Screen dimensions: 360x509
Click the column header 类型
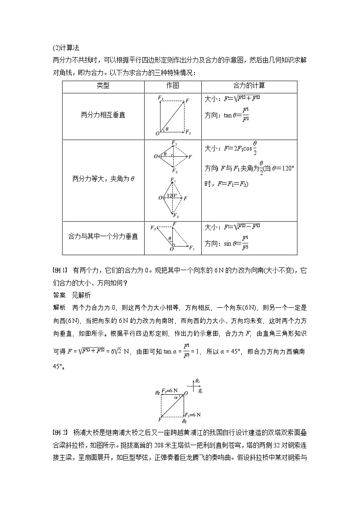pos(103,86)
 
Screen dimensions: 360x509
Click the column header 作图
pos(173,86)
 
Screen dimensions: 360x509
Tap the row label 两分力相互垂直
pos(103,115)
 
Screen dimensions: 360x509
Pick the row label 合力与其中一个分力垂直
pos(103,237)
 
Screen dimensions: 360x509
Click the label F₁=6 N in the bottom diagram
pos(192,415)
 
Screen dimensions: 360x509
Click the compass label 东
pos(200,390)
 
